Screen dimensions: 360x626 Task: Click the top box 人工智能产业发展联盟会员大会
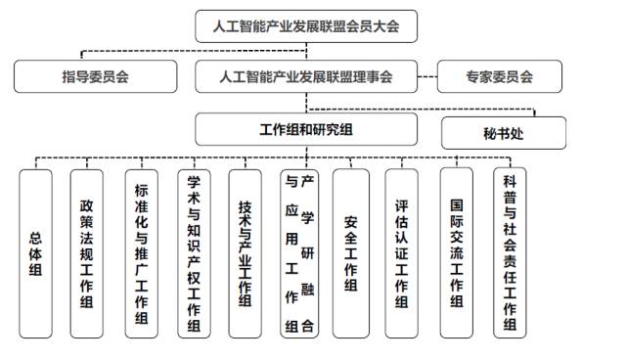[x=305, y=26]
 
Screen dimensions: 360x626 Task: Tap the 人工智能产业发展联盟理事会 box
[x=305, y=76]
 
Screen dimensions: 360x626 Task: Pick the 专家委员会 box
[x=499, y=76]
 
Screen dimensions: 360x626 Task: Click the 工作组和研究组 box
[x=305, y=130]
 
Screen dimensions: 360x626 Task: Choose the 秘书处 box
[x=504, y=133]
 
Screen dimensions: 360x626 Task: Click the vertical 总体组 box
[x=36, y=252]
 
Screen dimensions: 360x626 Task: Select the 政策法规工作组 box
[x=88, y=252]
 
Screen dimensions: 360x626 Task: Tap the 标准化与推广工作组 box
[x=142, y=252]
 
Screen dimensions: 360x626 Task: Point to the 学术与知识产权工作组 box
[x=194, y=252]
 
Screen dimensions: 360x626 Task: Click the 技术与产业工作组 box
[x=246, y=252]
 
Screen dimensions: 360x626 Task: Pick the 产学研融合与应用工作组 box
[x=299, y=252]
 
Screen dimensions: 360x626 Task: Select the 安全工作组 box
[x=351, y=252]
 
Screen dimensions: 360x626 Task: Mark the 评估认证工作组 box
[x=402, y=252]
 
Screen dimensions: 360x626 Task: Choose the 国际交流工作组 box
[x=456, y=252]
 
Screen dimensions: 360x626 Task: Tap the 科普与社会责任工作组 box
[x=509, y=252]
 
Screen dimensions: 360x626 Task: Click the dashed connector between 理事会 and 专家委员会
[x=426, y=76]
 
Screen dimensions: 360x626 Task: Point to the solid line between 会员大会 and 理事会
[x=306, y=51]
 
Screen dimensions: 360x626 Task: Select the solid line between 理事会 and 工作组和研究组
[x=306, y=103]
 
